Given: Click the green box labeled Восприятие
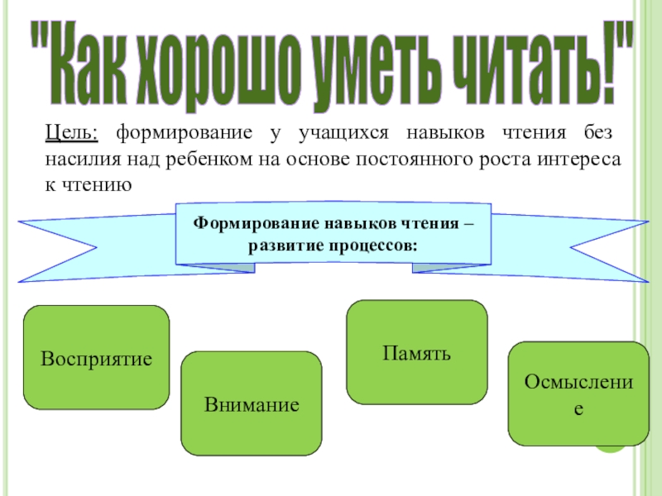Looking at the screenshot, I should (x=95, y=358).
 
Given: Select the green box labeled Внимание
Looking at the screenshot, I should (x=251, y=404).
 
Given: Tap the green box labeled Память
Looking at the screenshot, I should (x=416, y=352).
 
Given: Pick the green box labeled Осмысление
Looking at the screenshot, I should (x=578, y=393).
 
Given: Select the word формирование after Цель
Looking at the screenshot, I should (x=177, y=132).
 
